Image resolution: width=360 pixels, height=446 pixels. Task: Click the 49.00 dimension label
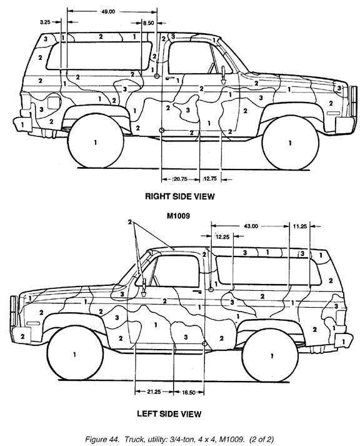click(x=108, y=12)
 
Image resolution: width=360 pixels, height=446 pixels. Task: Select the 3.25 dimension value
click(x=45, y=22)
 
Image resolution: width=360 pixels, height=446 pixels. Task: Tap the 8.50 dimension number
click(x=148, y=23)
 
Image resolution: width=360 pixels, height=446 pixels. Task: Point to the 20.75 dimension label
click(x=181, y=179)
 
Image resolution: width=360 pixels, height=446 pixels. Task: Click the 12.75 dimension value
click(x=210, y=179)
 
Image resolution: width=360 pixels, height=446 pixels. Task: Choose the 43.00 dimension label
click(x=251, y=226)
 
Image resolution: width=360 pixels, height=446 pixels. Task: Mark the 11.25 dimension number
click(x=300, y=226)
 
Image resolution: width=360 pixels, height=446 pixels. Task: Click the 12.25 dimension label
click(x=222, y=236)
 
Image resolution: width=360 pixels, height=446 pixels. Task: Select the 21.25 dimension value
click(x=154, y=392)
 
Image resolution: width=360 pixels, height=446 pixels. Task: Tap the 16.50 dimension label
click(x=189, y=393)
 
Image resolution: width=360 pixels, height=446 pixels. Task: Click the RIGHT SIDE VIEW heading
click(x=180, y=196)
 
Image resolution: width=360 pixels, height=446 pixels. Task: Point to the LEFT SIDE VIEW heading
click(x=169, y=413)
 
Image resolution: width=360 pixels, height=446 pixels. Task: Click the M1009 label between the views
click(x=178, y=216)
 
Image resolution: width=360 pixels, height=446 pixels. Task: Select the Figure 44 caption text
click(x=179, y=439)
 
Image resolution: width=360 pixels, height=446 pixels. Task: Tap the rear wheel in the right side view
click(x=96, y=141)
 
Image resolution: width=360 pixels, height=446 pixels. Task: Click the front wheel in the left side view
click(x=75, y=353)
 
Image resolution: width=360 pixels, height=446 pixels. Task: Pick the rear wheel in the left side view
click(x=270, y=355)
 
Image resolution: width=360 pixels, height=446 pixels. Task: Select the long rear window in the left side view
click(x=269, y=270)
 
